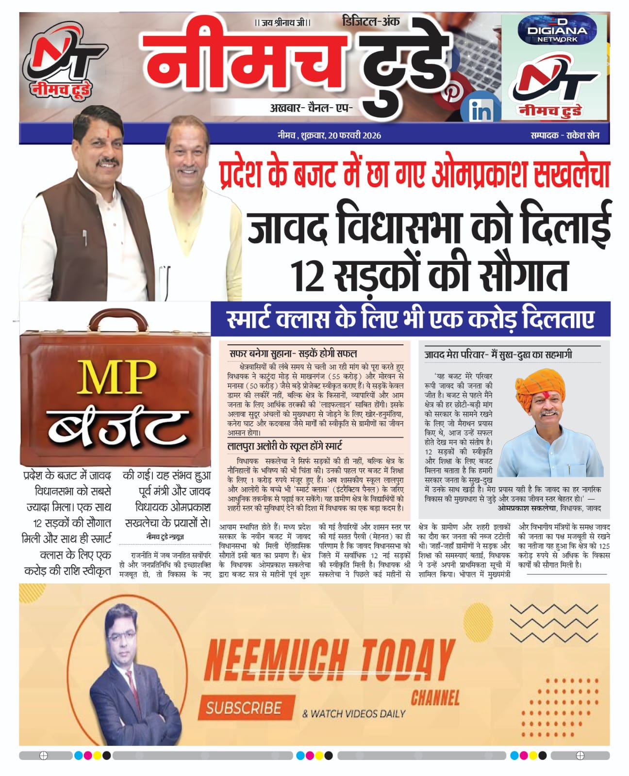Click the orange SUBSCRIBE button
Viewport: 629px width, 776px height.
coord(244,708)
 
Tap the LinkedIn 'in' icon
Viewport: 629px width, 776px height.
coord(481,111)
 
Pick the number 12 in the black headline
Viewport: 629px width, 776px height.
coord(309,276)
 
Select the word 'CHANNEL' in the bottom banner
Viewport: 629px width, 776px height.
coord(435,698)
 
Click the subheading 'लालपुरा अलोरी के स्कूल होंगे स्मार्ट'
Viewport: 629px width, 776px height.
coord(285,446)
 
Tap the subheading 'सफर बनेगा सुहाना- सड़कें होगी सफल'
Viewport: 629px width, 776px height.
coord(293,354)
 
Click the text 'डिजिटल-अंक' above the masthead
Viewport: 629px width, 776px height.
coord(371,21)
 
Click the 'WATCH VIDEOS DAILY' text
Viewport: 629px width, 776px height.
coord(353,713)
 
